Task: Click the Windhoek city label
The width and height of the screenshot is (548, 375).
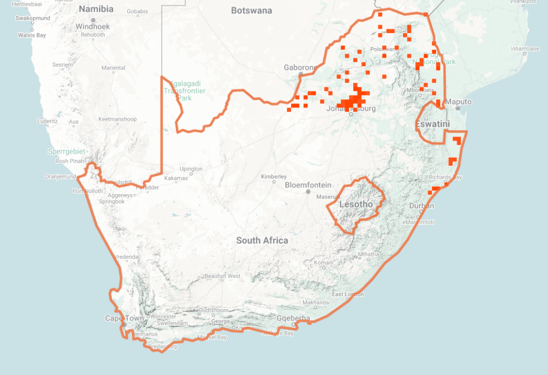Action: coord(93,26)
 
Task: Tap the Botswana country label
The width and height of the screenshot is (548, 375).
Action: coord(252,11)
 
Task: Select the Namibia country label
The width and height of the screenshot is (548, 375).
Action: coord(96,9)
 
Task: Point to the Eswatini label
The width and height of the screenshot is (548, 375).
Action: coord(432,124)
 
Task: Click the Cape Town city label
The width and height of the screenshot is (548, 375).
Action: coord(124,318)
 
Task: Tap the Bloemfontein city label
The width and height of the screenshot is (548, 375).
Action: coord(308,185)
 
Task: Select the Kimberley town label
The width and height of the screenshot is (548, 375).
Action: coord(273,177)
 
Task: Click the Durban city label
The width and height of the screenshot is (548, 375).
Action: coord(422,206)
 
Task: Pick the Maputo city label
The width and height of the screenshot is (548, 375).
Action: coord(459,102)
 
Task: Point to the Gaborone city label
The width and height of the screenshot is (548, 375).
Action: coord(300,67)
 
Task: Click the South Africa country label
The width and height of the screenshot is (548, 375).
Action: coord(262,241)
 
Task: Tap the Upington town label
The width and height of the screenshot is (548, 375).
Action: coord(191,169)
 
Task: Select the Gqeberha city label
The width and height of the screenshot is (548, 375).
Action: coord(293,318)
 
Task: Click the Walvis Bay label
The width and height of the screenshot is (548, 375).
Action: coord(32,35)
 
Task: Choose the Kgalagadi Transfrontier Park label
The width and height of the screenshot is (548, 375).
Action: coord(184,91)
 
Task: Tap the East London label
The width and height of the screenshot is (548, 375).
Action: coord(348,294)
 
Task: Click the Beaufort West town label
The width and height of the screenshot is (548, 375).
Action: coord(222,276)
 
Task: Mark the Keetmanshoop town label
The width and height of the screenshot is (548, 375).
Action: coord(118,119)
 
